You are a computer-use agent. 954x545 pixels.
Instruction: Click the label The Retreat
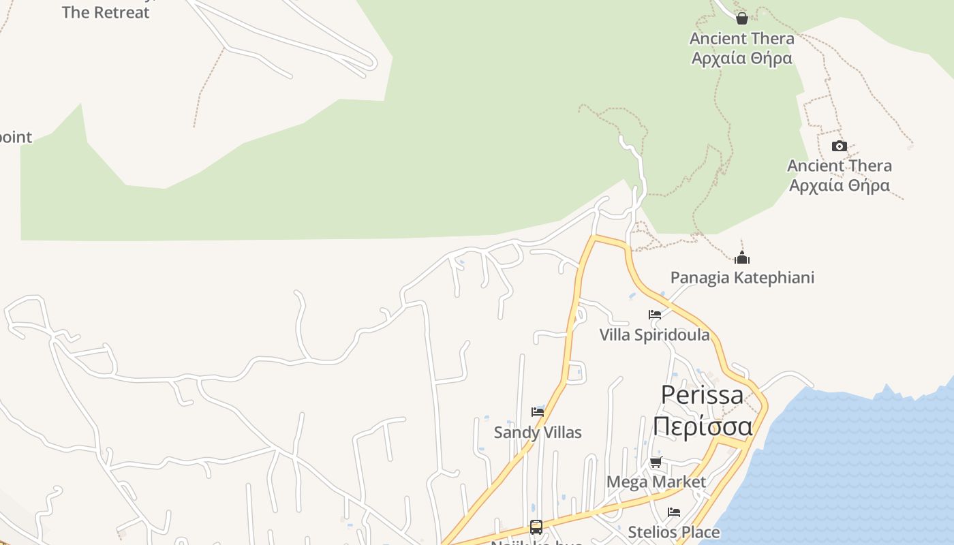click(x=106, y=12)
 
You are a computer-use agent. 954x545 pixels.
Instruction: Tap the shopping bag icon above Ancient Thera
click(x=742, y=18)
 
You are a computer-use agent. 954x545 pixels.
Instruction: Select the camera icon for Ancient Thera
click(x=839, y=146)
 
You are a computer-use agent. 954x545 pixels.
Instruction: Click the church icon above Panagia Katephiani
click(x=742, y=258)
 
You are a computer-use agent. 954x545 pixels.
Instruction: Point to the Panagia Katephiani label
click(x=742, y=277)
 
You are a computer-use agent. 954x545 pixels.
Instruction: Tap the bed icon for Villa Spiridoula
click(x=655, y=315)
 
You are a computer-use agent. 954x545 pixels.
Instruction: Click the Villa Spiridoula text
click(x=654, y=334)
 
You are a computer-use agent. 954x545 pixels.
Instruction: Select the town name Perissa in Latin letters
click(x=703, y=395)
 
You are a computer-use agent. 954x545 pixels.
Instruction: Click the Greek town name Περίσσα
click(x=703, y=426)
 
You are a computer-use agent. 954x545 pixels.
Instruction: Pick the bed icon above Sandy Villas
click(x=538, y=411)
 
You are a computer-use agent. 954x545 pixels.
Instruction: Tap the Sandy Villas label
click(x=538, y=432)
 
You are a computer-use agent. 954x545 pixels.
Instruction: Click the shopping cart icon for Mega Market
click(x=656, y=463)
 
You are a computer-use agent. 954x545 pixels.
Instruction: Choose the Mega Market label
click(x=656, y=482)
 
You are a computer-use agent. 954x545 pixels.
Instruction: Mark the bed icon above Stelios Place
click(x=674, y=512)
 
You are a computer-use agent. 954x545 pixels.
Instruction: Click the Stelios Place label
click(x=673, y=532)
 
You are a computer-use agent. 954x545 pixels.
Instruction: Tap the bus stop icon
click(x=536, y=527)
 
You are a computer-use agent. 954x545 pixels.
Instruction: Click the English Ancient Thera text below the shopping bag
click(x=742, y=38)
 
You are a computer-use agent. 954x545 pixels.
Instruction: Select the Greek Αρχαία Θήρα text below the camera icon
click(x=839, y=185)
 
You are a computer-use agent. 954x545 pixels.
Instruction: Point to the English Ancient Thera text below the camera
click(x=839, y=166)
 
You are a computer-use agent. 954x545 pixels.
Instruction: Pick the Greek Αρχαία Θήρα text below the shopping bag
click(x=742, y=58)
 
